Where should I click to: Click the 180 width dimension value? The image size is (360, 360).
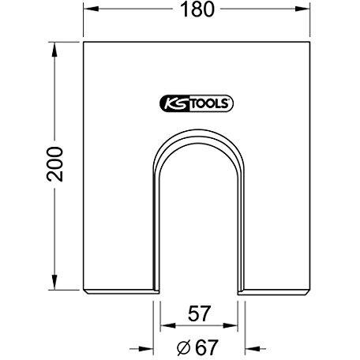(197, 9)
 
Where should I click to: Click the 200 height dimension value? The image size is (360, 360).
(55, 164)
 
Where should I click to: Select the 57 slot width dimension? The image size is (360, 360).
(199, 313)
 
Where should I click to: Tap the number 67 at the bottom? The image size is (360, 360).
(207, 347)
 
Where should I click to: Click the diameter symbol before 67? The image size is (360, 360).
(183, 348)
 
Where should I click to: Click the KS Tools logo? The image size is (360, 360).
(197, 103)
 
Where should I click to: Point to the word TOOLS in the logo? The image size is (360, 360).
(209, 103)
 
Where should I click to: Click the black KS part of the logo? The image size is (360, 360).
(174, 103)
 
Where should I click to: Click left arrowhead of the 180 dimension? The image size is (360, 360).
(91, 9)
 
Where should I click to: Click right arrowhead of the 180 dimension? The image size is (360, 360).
(302, 9)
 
